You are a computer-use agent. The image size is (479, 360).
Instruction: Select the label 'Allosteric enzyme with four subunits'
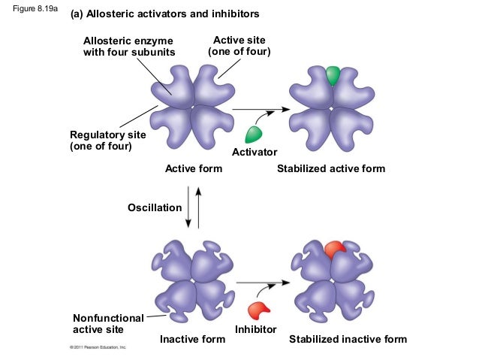[128, 46]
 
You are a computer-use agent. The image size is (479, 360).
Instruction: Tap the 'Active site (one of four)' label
[239, 45]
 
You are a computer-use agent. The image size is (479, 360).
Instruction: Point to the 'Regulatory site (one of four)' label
[107, 140]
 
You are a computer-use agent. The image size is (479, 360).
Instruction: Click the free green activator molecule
[254, 135]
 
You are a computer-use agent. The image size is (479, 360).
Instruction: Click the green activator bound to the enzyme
[333, 75]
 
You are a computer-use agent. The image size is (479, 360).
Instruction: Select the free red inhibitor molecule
[259, 309]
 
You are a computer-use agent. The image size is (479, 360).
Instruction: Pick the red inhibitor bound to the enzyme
[334, 249]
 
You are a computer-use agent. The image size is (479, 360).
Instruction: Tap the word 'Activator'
[255, 153]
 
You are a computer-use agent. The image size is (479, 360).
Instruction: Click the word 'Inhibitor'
[256, 329]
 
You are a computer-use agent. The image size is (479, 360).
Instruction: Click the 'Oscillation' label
[154, 207]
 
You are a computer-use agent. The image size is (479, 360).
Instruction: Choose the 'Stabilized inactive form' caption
[348, 339]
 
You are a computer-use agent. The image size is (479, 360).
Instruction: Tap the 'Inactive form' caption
[192, 339]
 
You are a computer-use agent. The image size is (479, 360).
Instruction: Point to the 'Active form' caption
[194, 168]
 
